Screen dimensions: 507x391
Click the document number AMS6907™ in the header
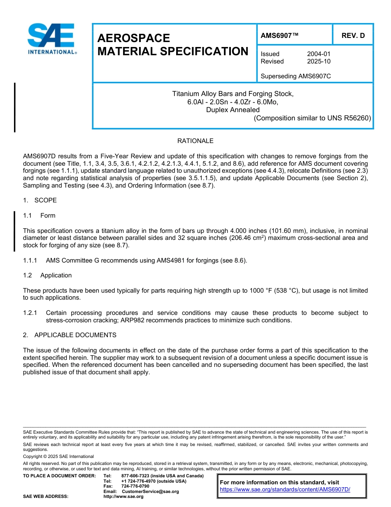click(x=279, y=35)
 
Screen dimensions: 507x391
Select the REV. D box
click(x=353, y=35)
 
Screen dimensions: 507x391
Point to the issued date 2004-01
click(x=319, y=54)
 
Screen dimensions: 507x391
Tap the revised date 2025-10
click(x=319, y=61)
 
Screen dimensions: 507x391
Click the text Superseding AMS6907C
click(x=296, y=76)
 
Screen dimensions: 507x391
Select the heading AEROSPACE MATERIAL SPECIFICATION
click(x=173, y=45)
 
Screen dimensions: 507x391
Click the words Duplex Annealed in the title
click(x=233, y=110)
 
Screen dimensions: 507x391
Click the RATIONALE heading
click(x=195, y=141)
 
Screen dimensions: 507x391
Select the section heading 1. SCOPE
click(x=40, y=200)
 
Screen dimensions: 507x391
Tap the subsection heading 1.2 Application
click(x=47, y=275)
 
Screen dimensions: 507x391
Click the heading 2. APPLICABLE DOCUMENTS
click(x=70, y=335)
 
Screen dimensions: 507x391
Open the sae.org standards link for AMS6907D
click(x=285, y=490)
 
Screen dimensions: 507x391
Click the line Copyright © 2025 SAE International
click(x=58, y=457)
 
